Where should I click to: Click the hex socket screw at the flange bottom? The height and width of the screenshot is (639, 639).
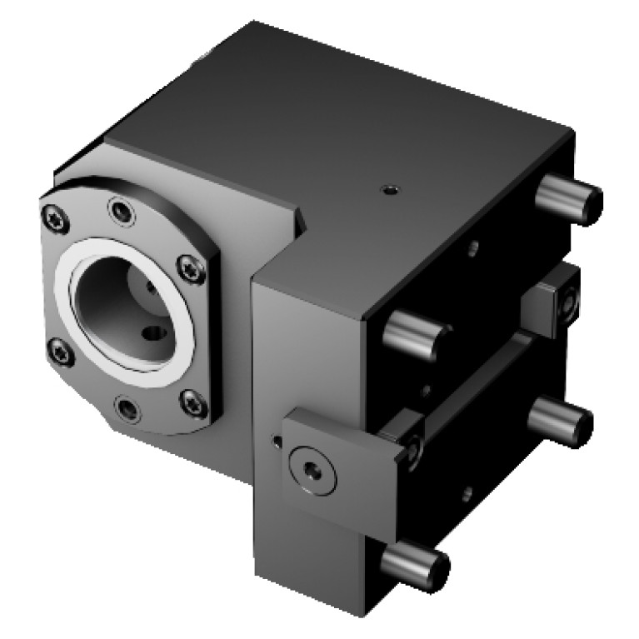126,408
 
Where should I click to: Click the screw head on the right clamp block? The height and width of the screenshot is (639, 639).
568,302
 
